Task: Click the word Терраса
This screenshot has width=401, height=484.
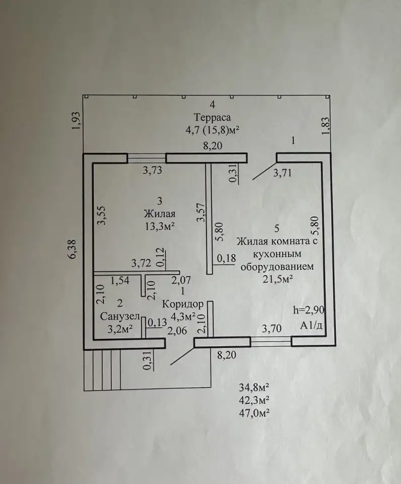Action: coord(212,117)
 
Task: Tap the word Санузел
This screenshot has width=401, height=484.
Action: coord(120,317)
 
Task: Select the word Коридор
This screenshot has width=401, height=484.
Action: coord(183,305)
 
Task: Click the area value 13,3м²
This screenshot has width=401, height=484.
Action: coord(160,226)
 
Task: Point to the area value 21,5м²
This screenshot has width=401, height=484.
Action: coord(278,279)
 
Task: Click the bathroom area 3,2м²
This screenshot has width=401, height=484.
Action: coord(120,329)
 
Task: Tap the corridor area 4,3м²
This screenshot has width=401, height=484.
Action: coord(183,317)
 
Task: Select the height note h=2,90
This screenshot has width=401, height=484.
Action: coord(309,310)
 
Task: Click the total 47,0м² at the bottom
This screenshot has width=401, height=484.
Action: coord(254,413)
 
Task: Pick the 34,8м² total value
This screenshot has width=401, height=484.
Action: coord(254,387)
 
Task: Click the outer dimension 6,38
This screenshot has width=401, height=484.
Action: coord(74,250)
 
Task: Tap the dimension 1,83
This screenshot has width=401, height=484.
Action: coord(326,126)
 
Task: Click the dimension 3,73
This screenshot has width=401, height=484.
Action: coord(153,170)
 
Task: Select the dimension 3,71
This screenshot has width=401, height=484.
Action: coord(282,172)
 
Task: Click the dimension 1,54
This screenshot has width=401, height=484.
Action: coord(120,280)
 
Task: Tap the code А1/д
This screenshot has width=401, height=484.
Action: coord(311,325)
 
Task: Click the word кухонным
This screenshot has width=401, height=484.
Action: coord(277,254)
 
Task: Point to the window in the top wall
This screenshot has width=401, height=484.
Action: coord(147,158)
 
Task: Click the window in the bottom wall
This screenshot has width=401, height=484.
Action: coord(271,342)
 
